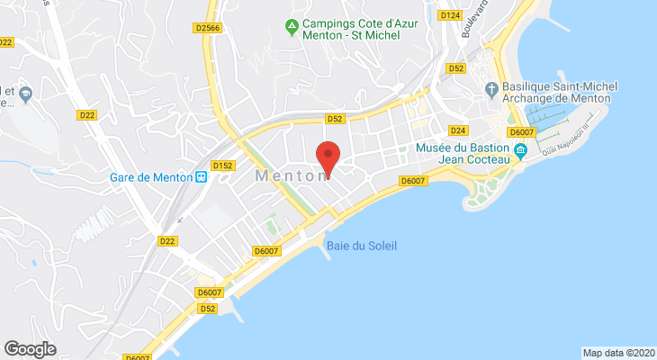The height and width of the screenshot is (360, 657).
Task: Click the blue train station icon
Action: tap(201, 176)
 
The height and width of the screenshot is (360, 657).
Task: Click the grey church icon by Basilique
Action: tap(490, 89)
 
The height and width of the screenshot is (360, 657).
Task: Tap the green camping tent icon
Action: tap(292, 27)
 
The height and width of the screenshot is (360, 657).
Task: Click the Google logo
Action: tap(31, 348)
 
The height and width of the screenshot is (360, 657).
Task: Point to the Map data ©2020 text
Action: tap(617, 353)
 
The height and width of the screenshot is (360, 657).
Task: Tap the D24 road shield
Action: tap(457, 130)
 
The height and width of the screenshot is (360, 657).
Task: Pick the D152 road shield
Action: tap(222, 165)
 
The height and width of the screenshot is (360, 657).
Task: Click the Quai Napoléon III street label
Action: tap(584, 136)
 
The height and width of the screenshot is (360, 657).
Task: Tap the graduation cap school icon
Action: tap(25, 92)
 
